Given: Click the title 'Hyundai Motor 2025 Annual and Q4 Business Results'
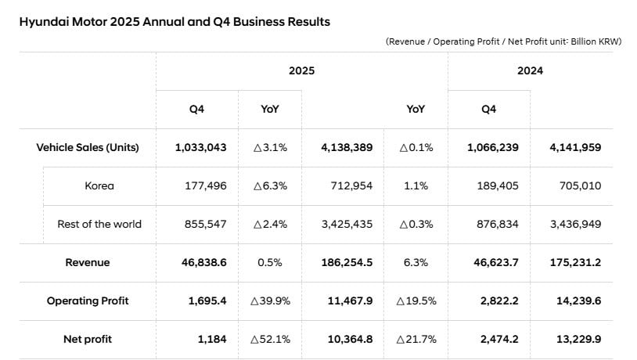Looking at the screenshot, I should pyautogui.click(x=174, y=22).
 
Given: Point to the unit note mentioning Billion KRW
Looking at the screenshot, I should pyautogui.click(x=503, y=41).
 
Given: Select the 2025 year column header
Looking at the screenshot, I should pyautogui.click(x=301, y=70).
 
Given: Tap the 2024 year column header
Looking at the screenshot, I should pyautogui.click(x=530, y=70).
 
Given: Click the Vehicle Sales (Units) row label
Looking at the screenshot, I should pyautogui.click(x=88, y=147).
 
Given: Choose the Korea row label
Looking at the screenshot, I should pyautogui.click(x=99, y=185).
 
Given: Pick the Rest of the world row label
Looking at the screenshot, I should pyautogui.click(x=99, y=224).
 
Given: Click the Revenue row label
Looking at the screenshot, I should pyautogui.click(x=88, y=262).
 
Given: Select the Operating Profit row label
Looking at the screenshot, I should pyautogui.click(x=88, y=301).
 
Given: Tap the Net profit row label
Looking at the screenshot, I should pyautogui.click(x=88, y=339).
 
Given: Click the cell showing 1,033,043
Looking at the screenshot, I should pyautogui.click(x=200, y=147).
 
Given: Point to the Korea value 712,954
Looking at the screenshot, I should pyautogui.click(x=347, y=185).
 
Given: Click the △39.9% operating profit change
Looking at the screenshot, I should pyautogui.click(x=269, y=301).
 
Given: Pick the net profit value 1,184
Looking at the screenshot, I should pyautogui.click(x=211, y=339).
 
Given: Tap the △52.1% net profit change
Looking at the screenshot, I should pyautogui.click(x=269, y=339).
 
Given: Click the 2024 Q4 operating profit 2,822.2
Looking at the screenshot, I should pyautogui.click(x=492, y=301).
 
